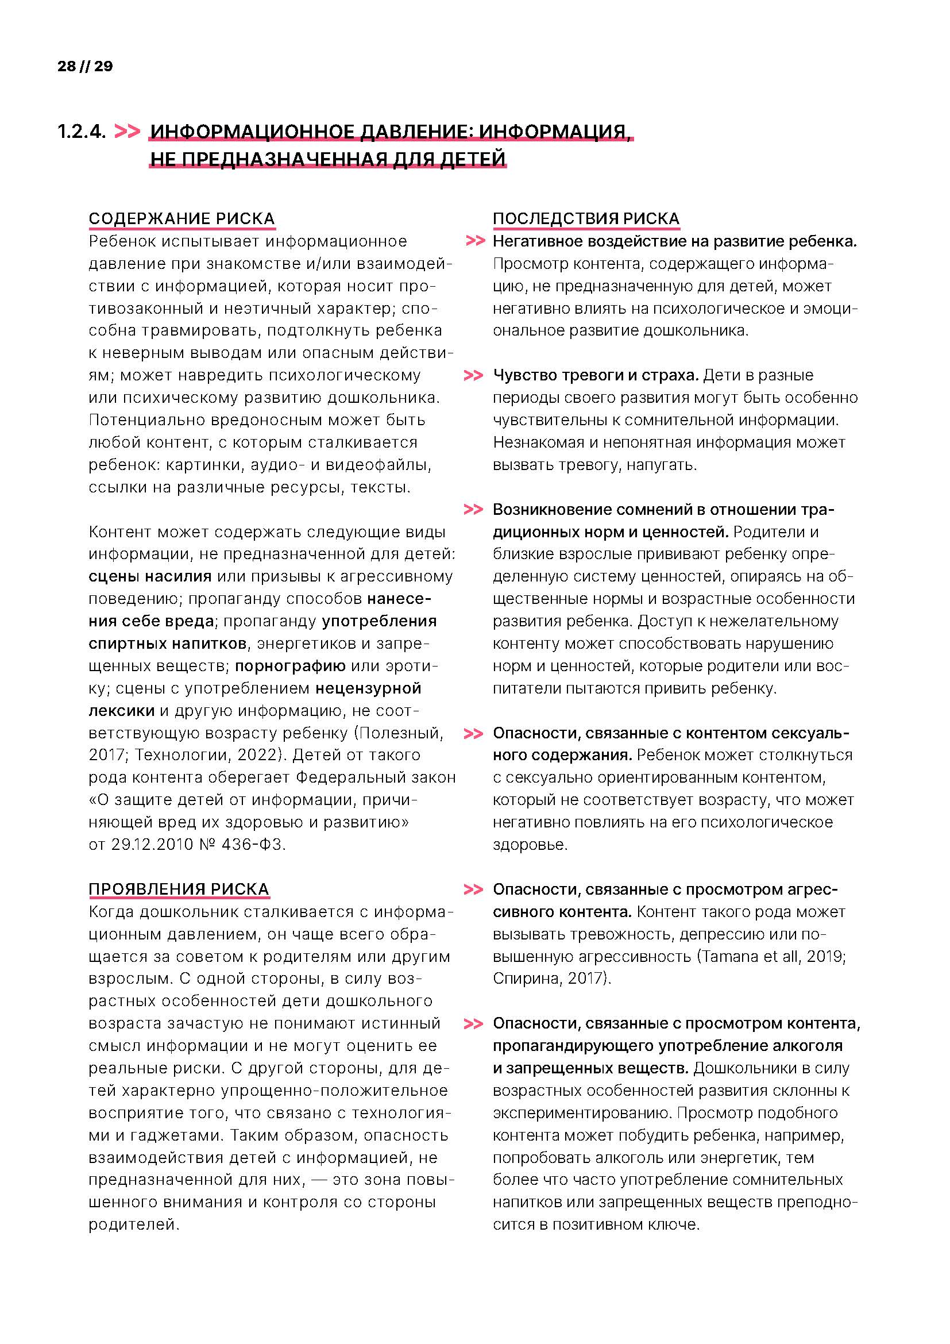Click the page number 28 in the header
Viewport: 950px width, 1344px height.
[67, 66]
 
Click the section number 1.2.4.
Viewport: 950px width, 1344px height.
[82, 132]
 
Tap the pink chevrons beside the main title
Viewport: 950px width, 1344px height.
[127, 131]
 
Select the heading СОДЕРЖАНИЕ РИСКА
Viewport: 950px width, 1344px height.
[181, 218]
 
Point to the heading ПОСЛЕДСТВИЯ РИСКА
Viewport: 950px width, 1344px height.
[585, 218]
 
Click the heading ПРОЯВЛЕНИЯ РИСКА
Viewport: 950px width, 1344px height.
[179, 889]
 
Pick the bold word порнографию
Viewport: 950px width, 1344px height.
[290, 665]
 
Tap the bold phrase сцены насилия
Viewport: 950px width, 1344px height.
[150, 576]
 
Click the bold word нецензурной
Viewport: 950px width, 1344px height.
[369, 688]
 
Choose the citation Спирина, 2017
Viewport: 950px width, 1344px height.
[548, 979]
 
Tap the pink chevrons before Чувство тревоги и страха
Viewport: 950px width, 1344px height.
[473, 375]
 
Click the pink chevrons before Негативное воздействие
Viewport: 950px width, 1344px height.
[475, 241]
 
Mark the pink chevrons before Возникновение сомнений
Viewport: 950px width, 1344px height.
[473, 509]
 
